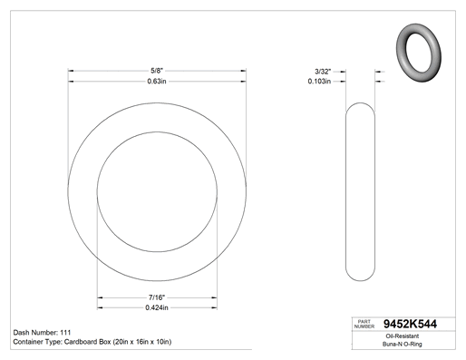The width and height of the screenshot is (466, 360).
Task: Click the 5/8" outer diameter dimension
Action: [x=157, y=71]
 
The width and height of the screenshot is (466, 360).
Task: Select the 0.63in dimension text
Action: [x=157, y=82]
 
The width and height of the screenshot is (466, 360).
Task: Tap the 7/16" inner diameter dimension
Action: [x=157, y=297]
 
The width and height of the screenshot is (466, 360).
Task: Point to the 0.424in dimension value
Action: [x=157, y=307]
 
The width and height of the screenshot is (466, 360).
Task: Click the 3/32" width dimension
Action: [x=323, y=72]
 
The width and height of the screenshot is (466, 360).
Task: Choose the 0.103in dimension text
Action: [x=319, y=82]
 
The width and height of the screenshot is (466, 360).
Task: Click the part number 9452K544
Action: [x=410, y=324]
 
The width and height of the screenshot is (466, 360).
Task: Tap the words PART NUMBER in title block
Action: [x=364, y=324]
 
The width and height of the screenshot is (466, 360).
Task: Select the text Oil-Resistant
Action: [x=403, y=336]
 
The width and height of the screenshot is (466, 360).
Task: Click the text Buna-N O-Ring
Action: [x=403, y=344]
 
